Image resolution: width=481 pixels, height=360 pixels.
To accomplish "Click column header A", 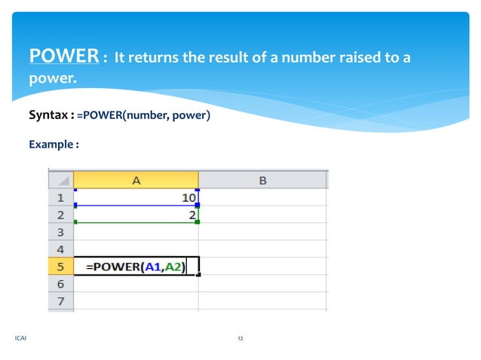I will point(136,180).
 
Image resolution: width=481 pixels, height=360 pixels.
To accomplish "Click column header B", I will point(262,180).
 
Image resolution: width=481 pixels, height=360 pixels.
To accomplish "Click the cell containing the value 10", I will point(136,198).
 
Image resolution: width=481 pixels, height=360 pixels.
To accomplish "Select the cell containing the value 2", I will point(136,215).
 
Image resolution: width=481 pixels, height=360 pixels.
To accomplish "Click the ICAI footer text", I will point(20,339).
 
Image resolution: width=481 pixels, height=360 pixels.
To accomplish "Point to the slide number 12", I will point(240,339).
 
